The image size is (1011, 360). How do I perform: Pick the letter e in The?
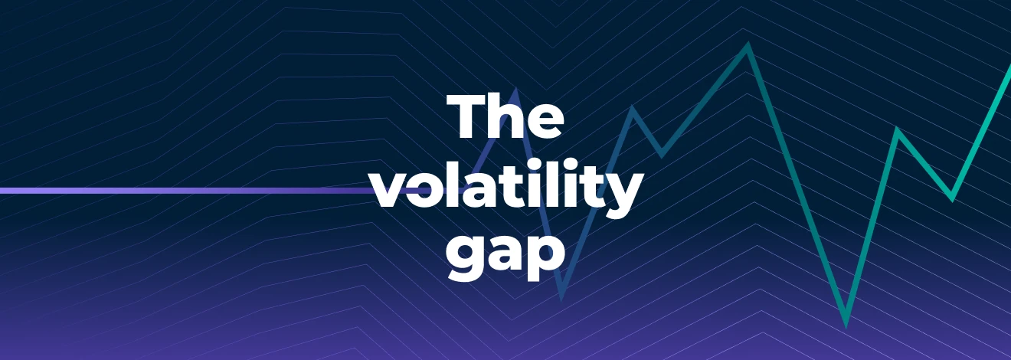544,121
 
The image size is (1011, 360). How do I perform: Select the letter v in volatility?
393,191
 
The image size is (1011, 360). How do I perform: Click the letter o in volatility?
430,191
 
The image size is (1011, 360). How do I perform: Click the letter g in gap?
466,258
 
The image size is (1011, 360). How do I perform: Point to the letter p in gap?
547,258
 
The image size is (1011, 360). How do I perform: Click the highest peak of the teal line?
748,44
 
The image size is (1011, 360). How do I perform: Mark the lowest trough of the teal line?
846,325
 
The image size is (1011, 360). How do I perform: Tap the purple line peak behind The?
515,90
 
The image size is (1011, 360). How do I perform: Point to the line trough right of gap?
561,298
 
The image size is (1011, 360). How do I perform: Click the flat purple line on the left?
190,191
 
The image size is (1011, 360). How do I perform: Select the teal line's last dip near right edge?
952,198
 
